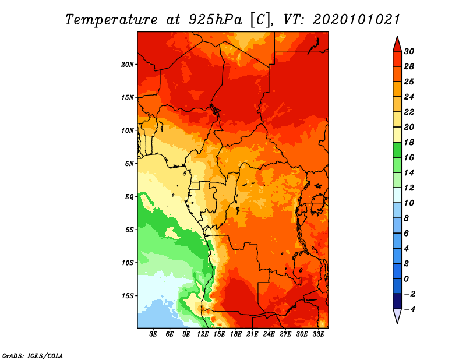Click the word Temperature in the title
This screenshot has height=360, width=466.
pyautogui.click(x=111, y=20)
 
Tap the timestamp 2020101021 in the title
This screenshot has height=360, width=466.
pyautogui.click(x=356, y=20)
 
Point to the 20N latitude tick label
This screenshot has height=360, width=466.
pyautogui.click(x=128, y=65)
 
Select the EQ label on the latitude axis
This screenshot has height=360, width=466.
pyautogui.click(x=129, y=197)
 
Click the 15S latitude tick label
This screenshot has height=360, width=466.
pyautogui.click(x=128, y=296)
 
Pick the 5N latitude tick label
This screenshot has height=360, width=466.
pyautogui.click(x=129, y=164)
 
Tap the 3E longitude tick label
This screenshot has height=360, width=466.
pyautogui.click(x=153, y=334)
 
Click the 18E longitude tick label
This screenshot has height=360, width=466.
pyautogui.click(x=236, y=334)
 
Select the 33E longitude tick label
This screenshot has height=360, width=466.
pyautogui.click(x=318, y=334)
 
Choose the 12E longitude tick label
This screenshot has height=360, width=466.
pyautogui.click(x=203, y=334)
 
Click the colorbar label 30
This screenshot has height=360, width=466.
pyautogui.click(x=409, y=51)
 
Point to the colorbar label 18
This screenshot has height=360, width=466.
pyautogui.click(x=409, y=142)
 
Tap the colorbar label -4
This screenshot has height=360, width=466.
pyautogui.click(x=409, y=309)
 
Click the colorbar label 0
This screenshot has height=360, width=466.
pyautogui.click(x=406, y=279)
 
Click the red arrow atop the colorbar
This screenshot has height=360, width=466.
pyautogui.click(x=397, y=44)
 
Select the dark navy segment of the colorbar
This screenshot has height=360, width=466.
pyautogui.click(x=397, y=301)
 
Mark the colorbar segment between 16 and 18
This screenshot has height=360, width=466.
pyautogui.click(x=397, y=150)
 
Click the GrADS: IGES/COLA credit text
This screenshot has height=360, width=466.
pyautogui.click(x=33, y=356)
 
